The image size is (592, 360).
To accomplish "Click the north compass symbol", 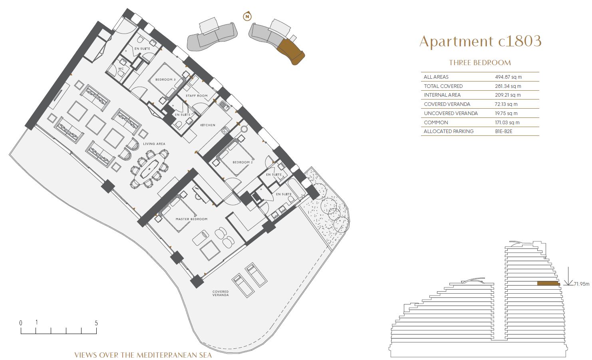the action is point(247,16).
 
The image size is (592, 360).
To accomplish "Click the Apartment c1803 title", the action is point(480,41).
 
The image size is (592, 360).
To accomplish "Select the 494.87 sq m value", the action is point(508,77).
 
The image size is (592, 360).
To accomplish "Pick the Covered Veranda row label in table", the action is point(447,104).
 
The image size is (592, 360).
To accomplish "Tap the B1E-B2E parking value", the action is point(503,131).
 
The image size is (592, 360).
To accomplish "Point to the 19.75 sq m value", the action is point(506,113).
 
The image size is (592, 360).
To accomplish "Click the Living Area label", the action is point(154,144).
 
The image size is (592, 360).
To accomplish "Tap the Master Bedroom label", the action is point(191,219).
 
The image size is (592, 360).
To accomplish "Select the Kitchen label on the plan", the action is point(208,125).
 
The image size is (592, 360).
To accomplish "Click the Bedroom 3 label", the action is point(165,80).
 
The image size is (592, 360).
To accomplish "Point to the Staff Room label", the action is point(197,95).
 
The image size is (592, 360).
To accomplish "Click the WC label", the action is point(121,69).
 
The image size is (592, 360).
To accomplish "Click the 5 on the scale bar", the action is point(96,323).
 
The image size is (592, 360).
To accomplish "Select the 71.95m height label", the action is point(582,284).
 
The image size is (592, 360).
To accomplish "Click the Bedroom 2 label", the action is point(242,162).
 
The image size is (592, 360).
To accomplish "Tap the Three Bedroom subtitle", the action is point(480,63).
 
